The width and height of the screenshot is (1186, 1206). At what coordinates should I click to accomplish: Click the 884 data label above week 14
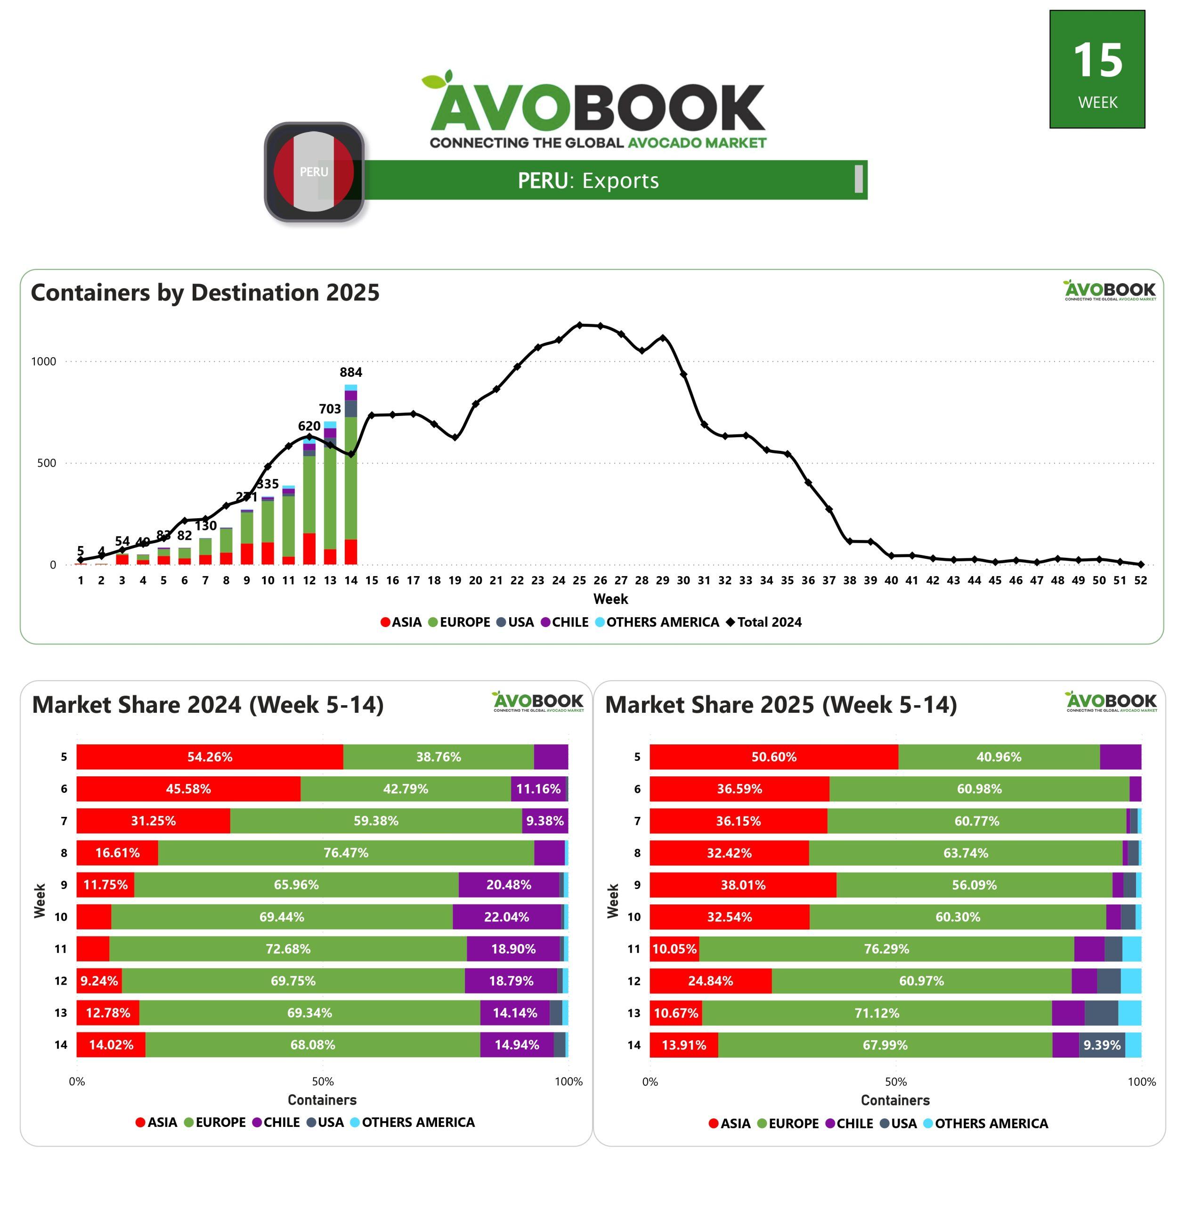coord(351,372)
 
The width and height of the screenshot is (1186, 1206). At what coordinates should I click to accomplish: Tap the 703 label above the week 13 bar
coord(330,408)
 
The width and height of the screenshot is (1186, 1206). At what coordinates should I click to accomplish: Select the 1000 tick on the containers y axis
coord(44,361)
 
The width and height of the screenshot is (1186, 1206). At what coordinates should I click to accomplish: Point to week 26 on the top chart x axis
coord(600,580)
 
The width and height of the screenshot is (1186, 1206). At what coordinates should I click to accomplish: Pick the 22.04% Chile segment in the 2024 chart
coord(506,917)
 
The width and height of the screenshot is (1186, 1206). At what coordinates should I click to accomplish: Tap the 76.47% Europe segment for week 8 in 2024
coord(346,853)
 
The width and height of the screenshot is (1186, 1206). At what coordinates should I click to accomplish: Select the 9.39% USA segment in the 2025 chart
coord(1101,1045)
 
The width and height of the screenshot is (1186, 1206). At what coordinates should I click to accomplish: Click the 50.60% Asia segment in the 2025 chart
coord(774,757)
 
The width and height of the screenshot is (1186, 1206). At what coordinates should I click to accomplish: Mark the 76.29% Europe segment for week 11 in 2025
coord(886,949)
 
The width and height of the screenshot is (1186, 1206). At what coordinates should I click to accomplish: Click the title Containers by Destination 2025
coord(205,292)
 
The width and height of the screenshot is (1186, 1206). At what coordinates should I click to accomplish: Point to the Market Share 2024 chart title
coord(207,705)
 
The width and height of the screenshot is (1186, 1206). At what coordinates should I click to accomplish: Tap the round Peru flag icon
coord(314,172)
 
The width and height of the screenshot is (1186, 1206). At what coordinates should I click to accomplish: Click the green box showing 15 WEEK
coord(1097,69)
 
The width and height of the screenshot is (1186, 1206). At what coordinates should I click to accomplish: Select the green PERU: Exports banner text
coord(588,180)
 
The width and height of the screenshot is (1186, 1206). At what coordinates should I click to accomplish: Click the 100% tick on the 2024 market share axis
coord(568,1082)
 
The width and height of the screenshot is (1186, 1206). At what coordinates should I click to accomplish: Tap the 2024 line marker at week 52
coord(1140,564)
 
